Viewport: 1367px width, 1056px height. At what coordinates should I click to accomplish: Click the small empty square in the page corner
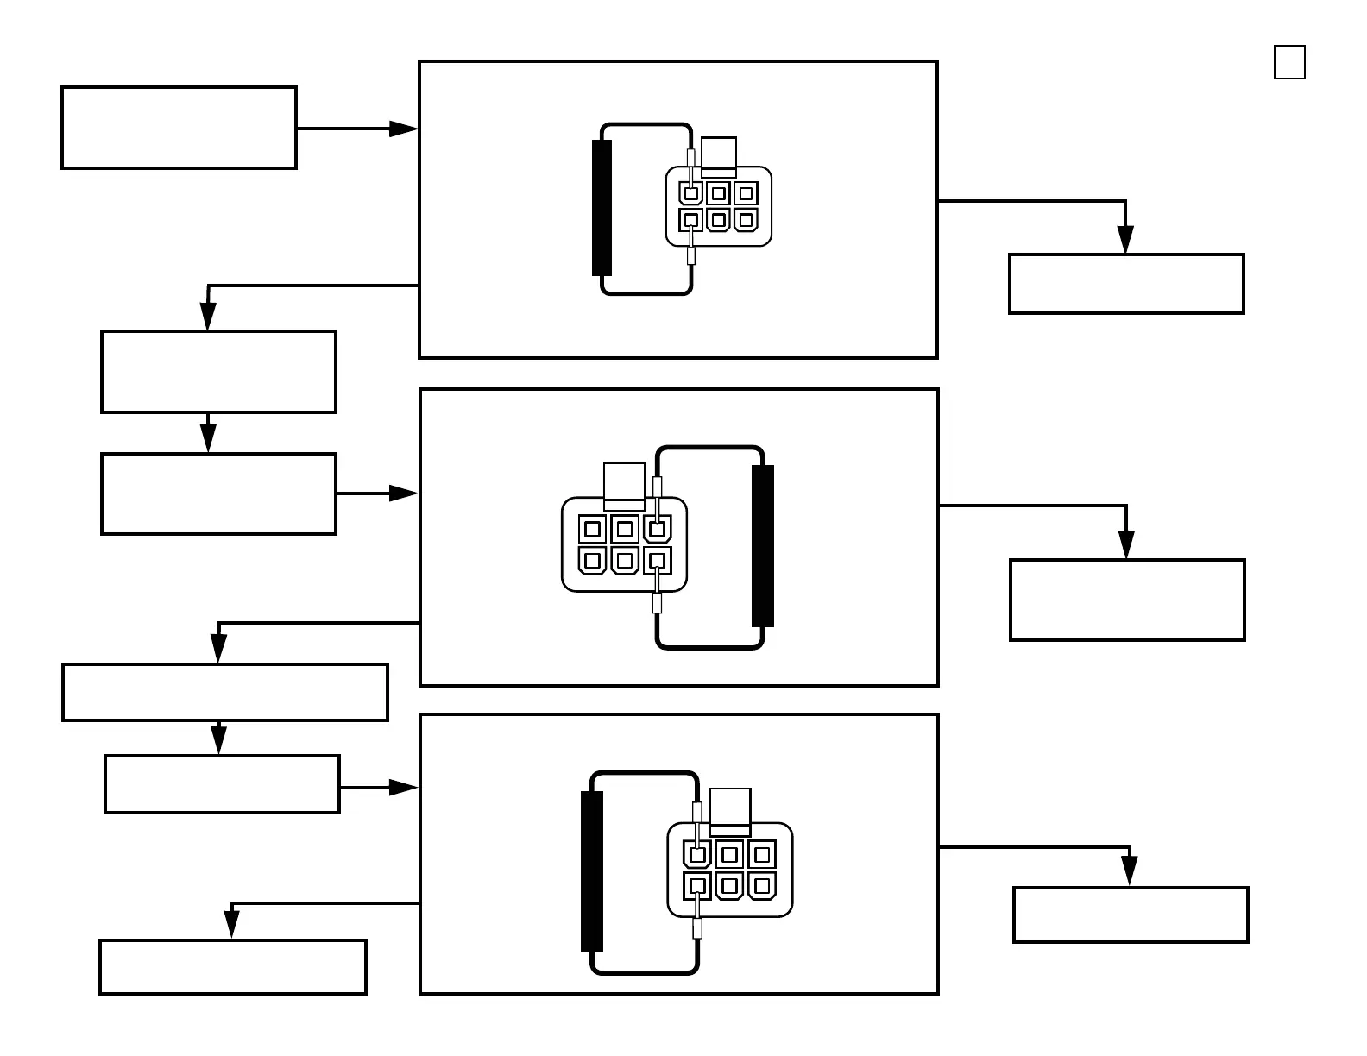1289,62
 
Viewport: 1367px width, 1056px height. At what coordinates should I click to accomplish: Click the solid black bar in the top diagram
602,208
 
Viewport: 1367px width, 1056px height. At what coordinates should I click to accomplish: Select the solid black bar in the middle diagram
763,545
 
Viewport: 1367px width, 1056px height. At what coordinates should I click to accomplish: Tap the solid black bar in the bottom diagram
592,871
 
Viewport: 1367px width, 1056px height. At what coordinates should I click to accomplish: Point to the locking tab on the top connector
719,156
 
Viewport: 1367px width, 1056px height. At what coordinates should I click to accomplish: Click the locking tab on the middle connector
625,484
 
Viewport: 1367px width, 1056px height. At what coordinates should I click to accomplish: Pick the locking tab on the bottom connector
730,810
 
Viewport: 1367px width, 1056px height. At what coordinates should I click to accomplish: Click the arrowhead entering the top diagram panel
403,129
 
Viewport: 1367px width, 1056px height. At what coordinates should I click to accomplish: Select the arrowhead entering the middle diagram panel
403,493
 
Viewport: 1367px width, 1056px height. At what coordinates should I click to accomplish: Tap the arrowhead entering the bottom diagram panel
403,788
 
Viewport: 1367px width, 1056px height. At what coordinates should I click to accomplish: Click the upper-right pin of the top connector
746,193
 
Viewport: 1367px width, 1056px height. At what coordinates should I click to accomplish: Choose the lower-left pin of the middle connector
592,561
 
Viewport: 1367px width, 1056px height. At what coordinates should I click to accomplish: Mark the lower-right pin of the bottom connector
761,886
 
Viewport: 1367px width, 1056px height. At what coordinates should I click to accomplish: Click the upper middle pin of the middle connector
625,529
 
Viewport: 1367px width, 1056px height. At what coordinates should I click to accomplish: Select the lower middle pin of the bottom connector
729,886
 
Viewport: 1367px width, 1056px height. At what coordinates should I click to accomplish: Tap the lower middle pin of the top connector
719,220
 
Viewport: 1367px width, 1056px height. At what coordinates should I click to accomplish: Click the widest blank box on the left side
225,692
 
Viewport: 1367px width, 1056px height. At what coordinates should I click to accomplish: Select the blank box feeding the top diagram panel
180,128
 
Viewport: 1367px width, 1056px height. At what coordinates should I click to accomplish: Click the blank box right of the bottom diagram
1131,915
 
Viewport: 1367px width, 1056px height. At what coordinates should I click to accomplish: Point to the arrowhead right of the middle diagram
1126,544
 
